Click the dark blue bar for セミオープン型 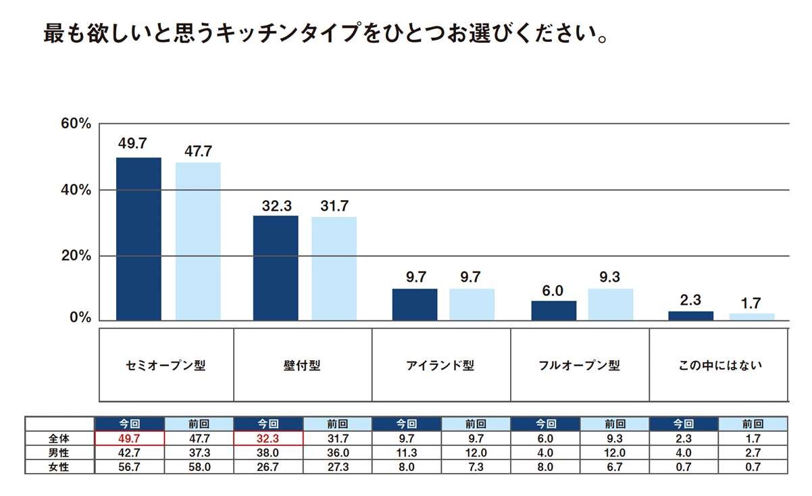pyautogui.click(x=138, y=239)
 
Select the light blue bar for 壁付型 pyautogui.click(x=334, y=268)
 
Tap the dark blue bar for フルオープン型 pyautogui.click(x=554, y=310)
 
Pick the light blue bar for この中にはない pyautogui.click(x=752, y=316)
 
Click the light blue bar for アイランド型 pyautogui.click(x=472, y=304)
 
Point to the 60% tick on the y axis pyautogui.click(x=76, y=124)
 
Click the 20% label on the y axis pyautogui.click(x=76, y=256)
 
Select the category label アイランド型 pyautogui.click(x=440, y=366)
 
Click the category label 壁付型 pyautogui.click(x=303, y=366)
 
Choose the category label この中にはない pyautogui.click(x=720, y=366)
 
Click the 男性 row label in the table pyautogui.click(x=60, y=453)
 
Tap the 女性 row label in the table pyautogui.click(x=60, y=467)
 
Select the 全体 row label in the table pyautogui.click(x=60, y=439)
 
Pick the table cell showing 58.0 pyautogui.click(x=199, y=467)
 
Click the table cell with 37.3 pyautogui.click(x=199, y=453)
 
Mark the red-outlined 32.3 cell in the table pyautogui.click(x=268, y=439)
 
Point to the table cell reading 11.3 pyautogui.click(x=407, y=453)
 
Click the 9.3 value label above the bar pyautogui.click(x=610, y=277)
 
